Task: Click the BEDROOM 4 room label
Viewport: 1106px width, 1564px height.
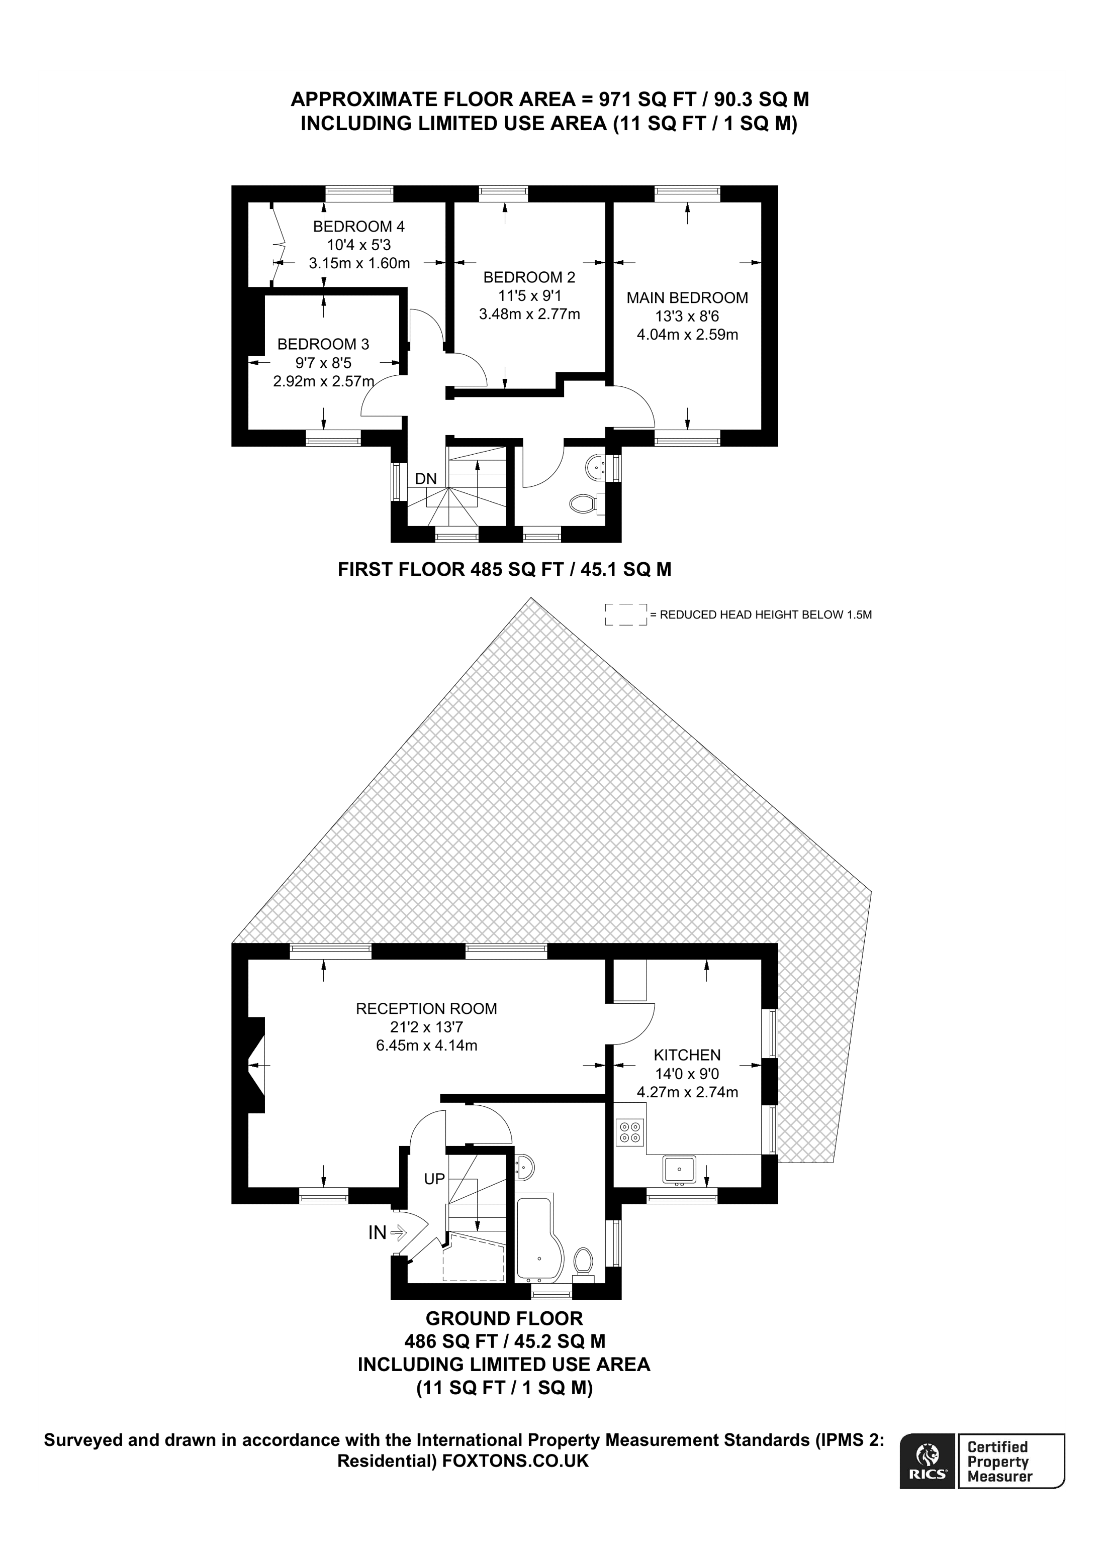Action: point(358,226)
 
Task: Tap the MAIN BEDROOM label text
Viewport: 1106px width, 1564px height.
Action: point(687,298)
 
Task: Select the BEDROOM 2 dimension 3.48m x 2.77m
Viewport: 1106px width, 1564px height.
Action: point(529,314)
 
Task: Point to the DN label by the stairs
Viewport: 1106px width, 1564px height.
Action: point(426,479)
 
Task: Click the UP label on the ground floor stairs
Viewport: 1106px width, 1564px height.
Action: point(434,1179)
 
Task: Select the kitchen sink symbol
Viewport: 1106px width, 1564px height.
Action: point(679,1170)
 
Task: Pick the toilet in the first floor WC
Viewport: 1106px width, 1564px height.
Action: point(583,504)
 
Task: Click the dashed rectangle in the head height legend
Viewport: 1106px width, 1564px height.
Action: point(625,614)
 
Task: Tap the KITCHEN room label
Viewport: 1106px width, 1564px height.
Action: point(687,1055)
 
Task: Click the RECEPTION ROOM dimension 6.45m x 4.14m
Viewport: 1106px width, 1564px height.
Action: point(427,1045)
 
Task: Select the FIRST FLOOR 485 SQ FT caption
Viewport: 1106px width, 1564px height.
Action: point(504,569)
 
